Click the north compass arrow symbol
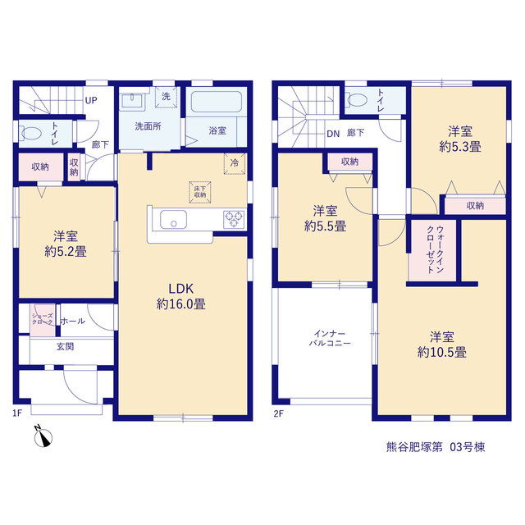click(x=43, y=437)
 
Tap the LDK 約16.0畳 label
click(x=180, y=296)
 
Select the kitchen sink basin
click(x=173, y=220)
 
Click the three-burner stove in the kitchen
click(x=234, y=220)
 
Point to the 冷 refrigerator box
click(x=235, y=163)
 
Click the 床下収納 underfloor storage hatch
click(x=200, y=192)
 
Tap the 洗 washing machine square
click(x=166, y=97)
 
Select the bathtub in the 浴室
click(x=217, y=102)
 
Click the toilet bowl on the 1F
click(x=31, y=134)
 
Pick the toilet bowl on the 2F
click(x=357, y=99)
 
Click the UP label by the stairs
click(x=91, y=100)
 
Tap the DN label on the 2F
click(x=333, y=134)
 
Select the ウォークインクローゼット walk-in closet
click(x=432, y=250)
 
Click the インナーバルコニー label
click(x=330, y=338)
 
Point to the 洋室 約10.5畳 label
click(x=442, y=345)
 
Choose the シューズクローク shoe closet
click(x=43, y=320)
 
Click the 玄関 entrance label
click(x=65, y=346)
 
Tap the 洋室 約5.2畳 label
click(x=66, y=244)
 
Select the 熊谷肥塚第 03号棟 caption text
click(x=436, y=447)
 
